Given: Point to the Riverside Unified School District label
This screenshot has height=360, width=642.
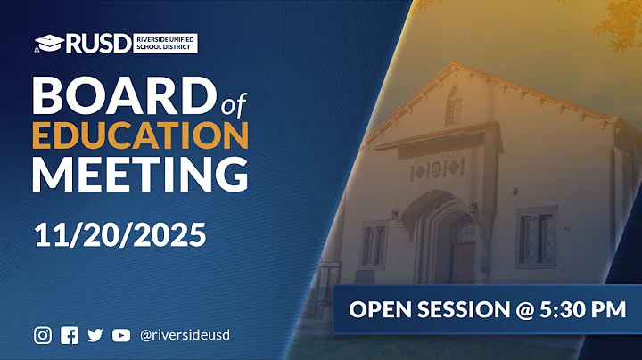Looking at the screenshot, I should tap(165, 42).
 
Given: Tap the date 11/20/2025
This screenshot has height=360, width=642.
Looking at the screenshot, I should tap(120, 234).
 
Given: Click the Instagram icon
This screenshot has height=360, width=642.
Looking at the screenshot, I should tap(43, 335).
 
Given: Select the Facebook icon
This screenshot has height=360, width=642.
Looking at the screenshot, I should tap(69, 335).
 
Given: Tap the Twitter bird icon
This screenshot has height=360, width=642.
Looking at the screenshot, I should tap(95, 335).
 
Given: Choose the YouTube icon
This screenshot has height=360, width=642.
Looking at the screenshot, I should tap(121, 335).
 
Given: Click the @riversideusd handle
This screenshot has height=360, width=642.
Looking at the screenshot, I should tap(185, 335).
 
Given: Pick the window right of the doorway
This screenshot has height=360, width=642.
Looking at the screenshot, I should tap(536, 236).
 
